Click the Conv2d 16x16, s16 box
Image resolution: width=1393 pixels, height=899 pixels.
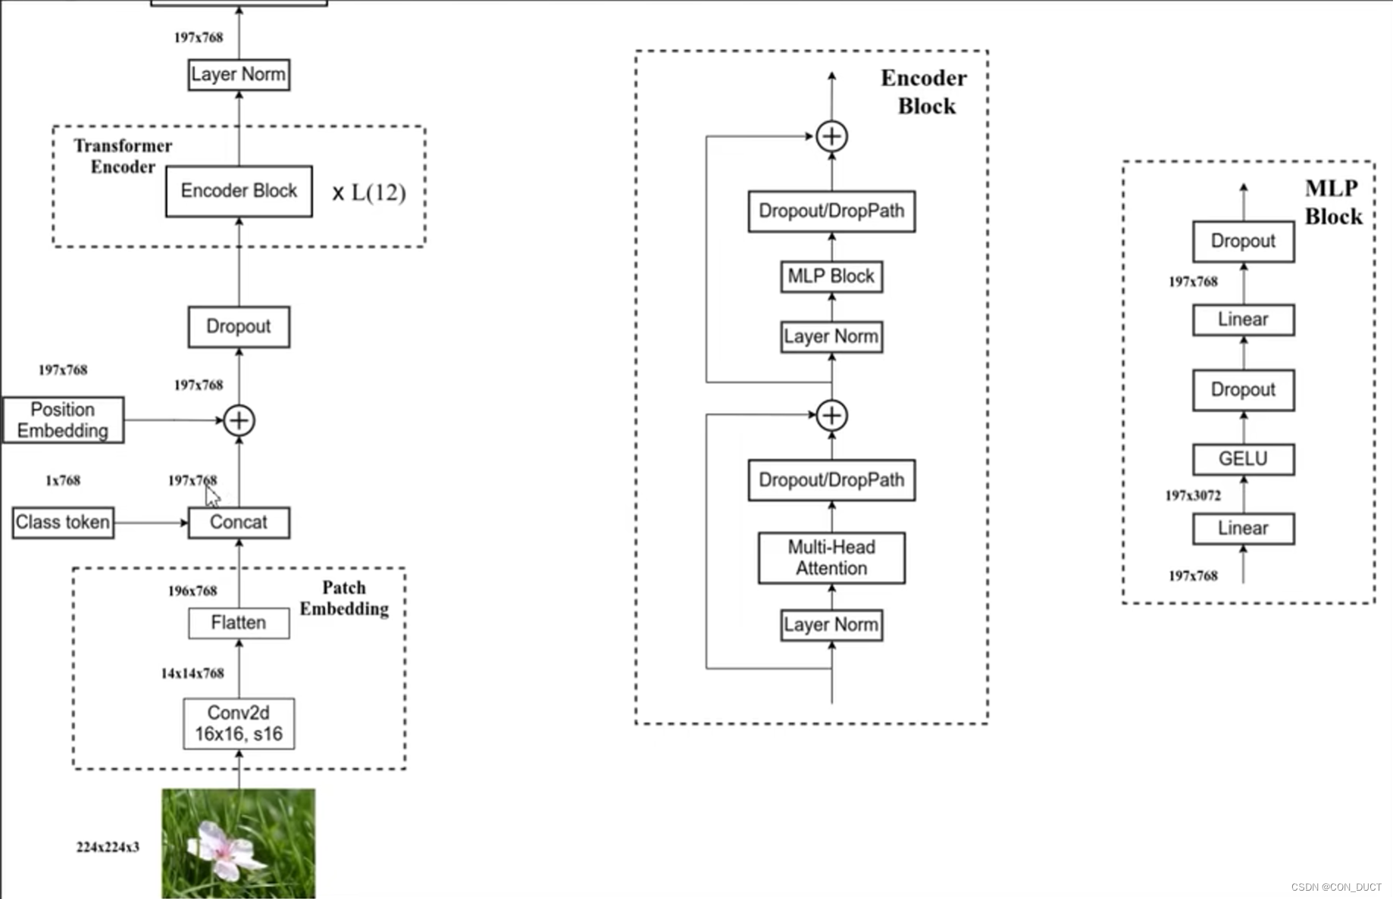pos(239,723)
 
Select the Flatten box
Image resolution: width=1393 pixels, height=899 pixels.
pos(239,623)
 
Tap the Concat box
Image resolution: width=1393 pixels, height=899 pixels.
pos(239,523)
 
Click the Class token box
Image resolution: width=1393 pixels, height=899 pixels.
pos(63,523)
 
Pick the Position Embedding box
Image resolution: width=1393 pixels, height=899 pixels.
pos(63,420)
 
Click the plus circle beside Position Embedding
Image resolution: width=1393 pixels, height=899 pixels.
pos(239,420)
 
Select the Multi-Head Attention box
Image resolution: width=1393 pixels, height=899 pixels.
pos(831,558)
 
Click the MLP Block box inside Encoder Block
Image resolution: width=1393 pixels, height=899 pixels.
pos(831,276)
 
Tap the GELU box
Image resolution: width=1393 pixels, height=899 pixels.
pos(1243,459)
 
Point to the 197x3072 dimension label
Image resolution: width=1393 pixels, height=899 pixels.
pos(1193,496)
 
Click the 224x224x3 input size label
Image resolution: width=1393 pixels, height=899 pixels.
pos(108,847)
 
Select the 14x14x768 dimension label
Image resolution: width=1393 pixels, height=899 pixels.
pos(193,673)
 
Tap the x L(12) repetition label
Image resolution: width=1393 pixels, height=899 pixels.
pos(369,192)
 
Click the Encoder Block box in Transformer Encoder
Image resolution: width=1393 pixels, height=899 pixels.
pos(239,191)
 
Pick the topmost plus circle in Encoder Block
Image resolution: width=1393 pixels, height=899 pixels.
pos(831,136)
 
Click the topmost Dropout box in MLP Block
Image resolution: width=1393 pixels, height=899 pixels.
pos(1243,242)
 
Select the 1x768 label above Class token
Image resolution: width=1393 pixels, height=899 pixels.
pos(63,480)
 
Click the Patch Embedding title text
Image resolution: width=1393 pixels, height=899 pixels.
pos(344,598)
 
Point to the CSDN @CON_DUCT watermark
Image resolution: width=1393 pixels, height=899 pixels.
pos(1336,887)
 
